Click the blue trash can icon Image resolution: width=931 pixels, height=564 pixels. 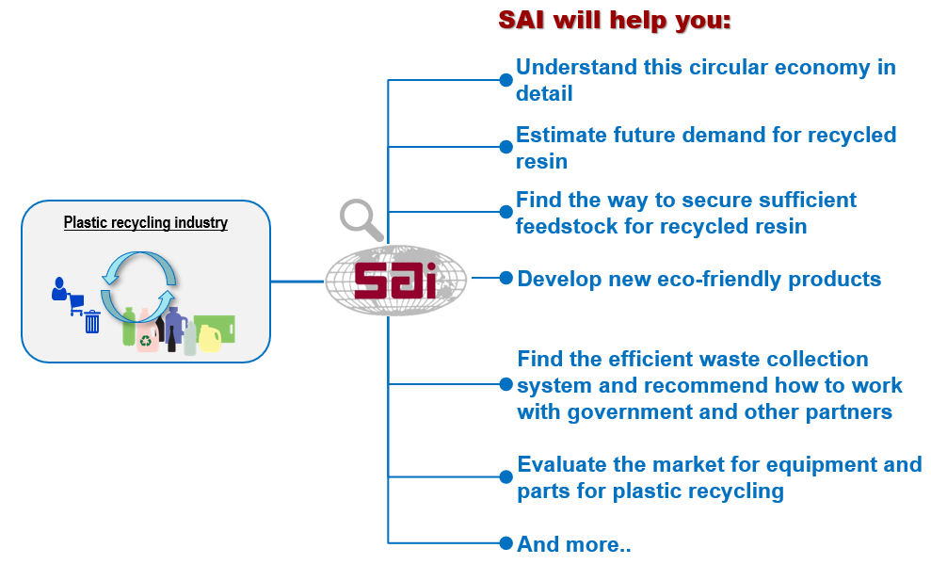pyautogui.click(x=92, y=322)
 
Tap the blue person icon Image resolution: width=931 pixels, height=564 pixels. pyautogui.click(x=58, y=288)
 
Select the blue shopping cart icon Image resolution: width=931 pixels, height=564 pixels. pyautogui.click(x=76, y=304)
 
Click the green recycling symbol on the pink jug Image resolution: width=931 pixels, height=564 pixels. pyautogui.click(x=146, y=340)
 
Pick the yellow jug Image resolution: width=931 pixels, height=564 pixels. pyautogui.click(x=210, y=338)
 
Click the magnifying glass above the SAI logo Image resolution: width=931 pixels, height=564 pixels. pyautogui.click(x=361, y=219)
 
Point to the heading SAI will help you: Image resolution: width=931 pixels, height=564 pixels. pyautogui.click(x=615, y=20)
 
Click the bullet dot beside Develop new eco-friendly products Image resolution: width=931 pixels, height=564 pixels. pyautogui.click(x=506, y=278)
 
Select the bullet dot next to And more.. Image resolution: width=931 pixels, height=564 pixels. pyautogui.click(x=506, y=542)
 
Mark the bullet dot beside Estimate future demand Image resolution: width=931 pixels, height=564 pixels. pyautogui.click(x=506, y=147)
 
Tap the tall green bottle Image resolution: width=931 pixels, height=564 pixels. pyautogui.click(x=129, y=326)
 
